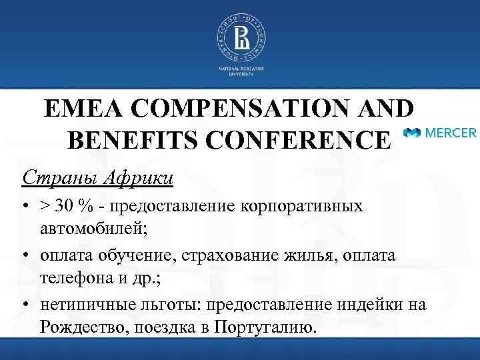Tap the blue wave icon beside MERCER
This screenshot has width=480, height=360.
(414, 133)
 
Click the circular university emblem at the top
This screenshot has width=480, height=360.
(240, 37)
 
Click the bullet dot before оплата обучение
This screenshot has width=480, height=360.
(24, 256)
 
